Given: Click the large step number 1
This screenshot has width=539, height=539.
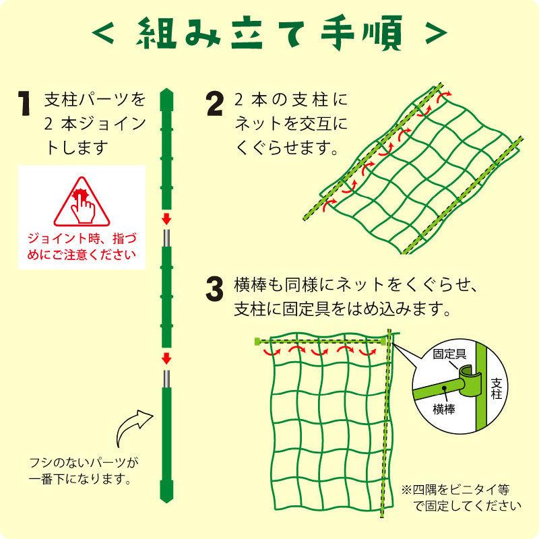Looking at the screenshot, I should click(x=25, y=104).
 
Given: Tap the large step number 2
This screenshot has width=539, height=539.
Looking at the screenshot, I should click(x=215, y=104).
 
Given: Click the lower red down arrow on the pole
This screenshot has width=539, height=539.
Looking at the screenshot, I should click(x=166, y=357).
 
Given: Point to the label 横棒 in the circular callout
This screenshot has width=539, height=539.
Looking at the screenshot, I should click(x=444, y=409).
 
